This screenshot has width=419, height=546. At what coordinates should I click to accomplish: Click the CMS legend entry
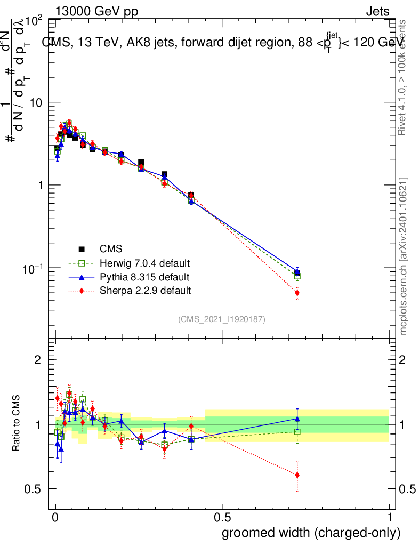click(x=111, y=249)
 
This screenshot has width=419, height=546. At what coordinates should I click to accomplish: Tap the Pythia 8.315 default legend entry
click(x=144, y=277)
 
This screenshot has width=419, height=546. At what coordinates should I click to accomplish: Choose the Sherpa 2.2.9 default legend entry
click(x=145, y=291)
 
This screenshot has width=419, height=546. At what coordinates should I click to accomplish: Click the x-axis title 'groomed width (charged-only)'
click(x=311, y=533)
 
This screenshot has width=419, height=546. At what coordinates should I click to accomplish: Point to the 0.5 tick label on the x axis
click(x=222, y=518)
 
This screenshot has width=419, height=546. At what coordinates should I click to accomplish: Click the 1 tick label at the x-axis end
click(x=389, y=518)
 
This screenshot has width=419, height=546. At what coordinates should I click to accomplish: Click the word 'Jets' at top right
click(x=377, y=12)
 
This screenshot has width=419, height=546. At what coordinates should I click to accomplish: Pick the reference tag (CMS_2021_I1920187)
click(x=222, y=319)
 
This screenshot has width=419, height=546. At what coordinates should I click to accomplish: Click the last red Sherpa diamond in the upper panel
click(x=297, y=293)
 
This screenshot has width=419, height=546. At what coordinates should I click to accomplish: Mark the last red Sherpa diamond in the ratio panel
click(x=297, y=475)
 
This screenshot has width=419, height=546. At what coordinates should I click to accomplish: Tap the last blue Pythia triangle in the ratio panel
click(x=297, y=419)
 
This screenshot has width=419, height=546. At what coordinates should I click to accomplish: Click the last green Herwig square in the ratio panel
click(x=297, y=431)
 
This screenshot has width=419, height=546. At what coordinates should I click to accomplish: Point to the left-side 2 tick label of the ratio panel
click(x=38, y=360)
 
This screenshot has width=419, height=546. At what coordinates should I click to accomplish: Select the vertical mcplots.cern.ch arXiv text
click(x=404, y=256)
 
